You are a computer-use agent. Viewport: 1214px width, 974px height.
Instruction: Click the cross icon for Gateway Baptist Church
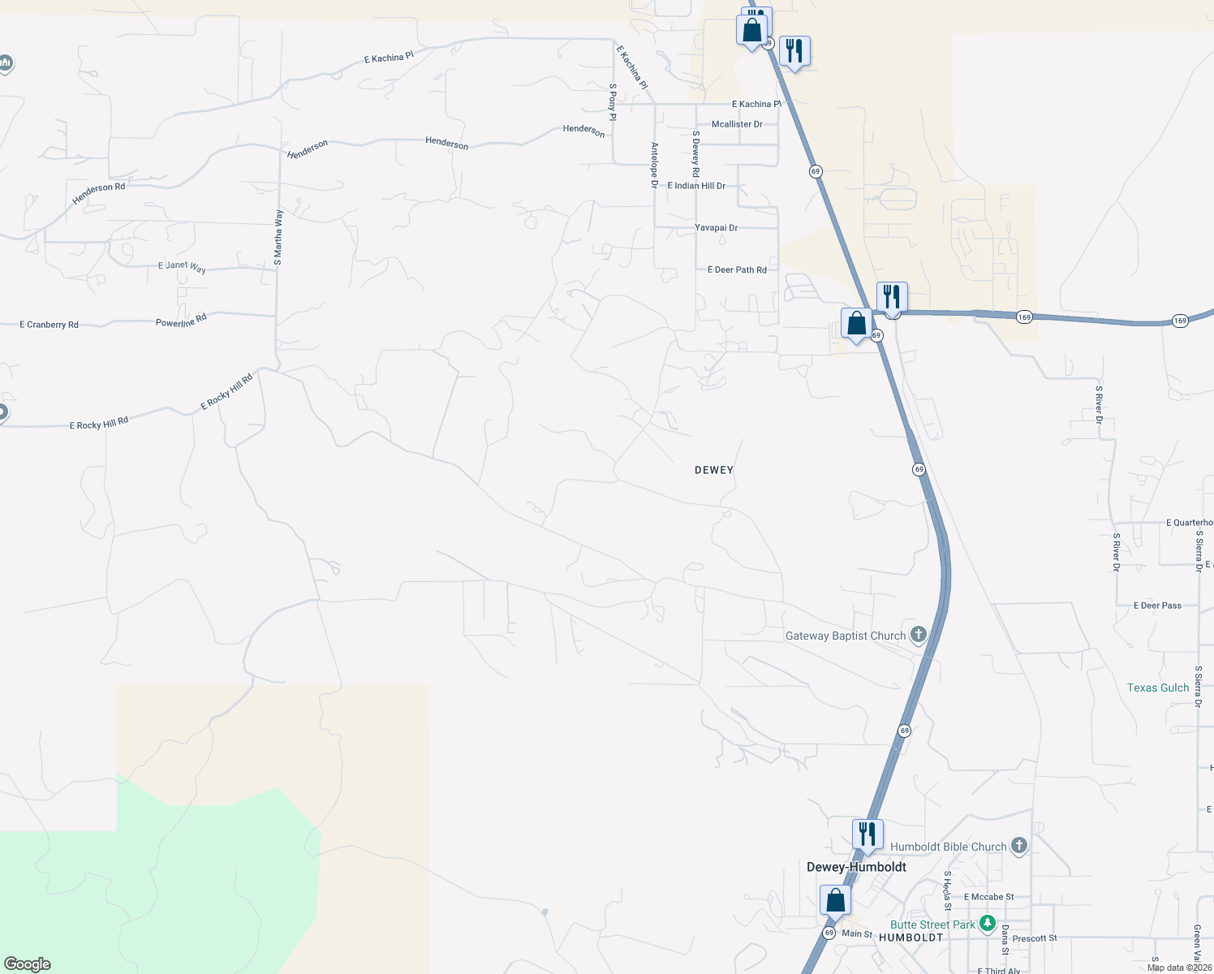[x=918, y=635]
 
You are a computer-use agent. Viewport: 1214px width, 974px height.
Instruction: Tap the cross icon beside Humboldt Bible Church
[x=1019, y=846]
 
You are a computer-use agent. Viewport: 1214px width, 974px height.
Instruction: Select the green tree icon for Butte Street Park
[x=987, y=924]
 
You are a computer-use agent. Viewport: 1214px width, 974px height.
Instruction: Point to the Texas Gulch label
[x=1157, y=687]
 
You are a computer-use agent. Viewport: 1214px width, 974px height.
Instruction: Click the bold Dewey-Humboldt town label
[x=856, y=867]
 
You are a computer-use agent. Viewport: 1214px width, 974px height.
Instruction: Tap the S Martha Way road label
[x=278, y=238]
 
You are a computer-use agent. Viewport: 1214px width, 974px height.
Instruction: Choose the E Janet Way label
[x=182, y=266]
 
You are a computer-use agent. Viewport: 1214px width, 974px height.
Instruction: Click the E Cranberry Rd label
[x=49, y=325]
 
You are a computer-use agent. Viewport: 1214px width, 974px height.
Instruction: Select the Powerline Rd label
[x=181, y=321]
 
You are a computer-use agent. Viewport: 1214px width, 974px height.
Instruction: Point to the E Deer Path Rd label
[x=737, y=269]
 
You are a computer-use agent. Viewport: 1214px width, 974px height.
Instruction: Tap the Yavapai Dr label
[x=716, y=228]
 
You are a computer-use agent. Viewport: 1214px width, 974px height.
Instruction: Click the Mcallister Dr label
[x=737, y=124]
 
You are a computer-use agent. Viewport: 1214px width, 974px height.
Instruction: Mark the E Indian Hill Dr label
[x=696, y=186]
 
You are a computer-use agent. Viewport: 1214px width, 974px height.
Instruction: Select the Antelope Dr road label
[x=654, y=166]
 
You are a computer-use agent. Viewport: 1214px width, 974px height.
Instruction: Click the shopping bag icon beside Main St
[x=835, y=900]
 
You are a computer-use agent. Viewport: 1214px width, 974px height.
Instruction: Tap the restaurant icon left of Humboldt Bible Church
[x=867, y=834]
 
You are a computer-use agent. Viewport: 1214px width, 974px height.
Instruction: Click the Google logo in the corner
[x=28, y=963]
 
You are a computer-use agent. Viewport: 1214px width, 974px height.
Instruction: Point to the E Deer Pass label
[x=1157, y=606]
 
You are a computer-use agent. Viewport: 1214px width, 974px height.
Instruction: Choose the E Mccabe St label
[x=988, y=897]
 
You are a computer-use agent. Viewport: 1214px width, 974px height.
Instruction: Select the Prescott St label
[x=1035, y=938]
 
